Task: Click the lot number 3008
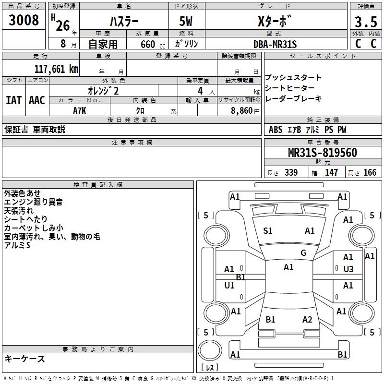[24, 21]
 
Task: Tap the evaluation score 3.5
[365, 22]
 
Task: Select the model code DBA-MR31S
[275, 44]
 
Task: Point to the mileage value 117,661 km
[56, 69]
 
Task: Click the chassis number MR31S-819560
[322, 153]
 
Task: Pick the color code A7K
[79, 110]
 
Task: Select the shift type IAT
[13, 100]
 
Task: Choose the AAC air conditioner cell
[37, 100]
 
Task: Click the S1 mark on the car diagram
[268, 231]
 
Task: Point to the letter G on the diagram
[303, 253]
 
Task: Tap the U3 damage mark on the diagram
[348, 269]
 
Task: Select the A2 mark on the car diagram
[307, 320]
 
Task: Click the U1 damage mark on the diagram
[229, 286]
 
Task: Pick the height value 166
[370, 173]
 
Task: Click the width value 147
[332, 173]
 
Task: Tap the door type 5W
[187, 22]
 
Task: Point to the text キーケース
[25, 359]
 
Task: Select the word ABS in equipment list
[276, 130]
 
